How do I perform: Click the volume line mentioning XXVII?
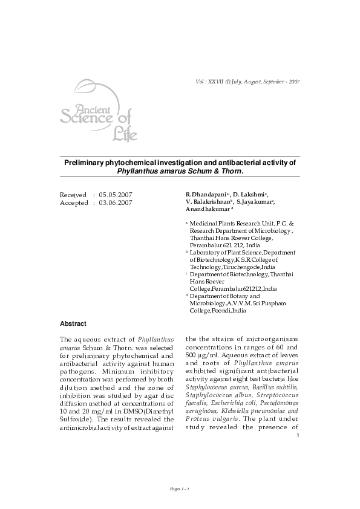point(245,81)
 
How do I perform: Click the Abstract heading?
point(73,323)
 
